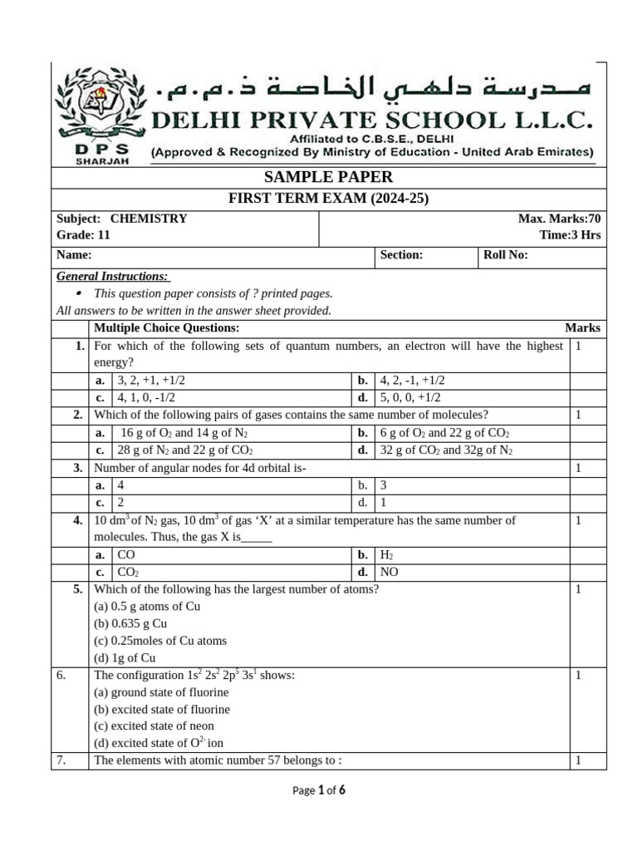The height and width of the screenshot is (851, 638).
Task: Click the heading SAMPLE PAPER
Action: [328, 177]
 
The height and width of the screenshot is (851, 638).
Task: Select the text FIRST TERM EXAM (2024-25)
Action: [328, 198]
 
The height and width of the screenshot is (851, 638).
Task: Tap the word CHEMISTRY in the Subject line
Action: [148, 219]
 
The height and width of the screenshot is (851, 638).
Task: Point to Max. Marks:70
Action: [559, 219]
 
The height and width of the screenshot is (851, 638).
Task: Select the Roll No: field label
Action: [505, 256]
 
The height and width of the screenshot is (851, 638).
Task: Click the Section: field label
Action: [401, 256]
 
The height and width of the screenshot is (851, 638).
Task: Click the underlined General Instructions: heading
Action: [112, 277]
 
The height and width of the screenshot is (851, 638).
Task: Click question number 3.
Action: [77, 468]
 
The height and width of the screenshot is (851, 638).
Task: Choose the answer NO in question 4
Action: [389, 572]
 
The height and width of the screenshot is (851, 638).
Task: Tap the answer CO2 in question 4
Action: [128, 572]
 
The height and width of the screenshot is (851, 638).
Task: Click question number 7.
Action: [61, 760]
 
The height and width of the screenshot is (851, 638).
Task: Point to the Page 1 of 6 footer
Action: [319, 791]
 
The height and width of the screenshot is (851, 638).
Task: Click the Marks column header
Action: [582, 328]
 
